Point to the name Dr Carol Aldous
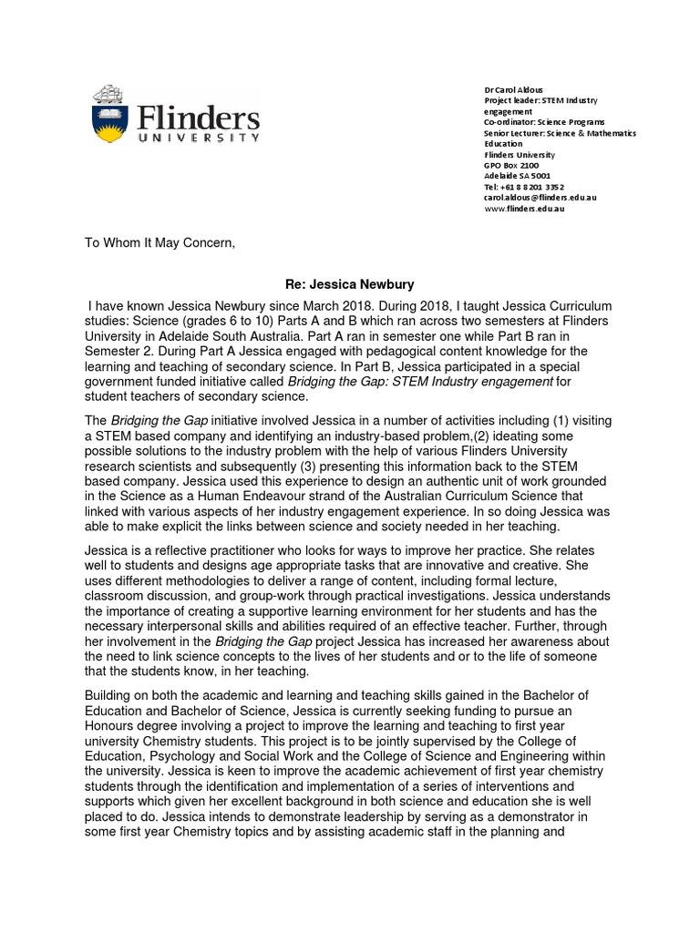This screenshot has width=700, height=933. (512, 90)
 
